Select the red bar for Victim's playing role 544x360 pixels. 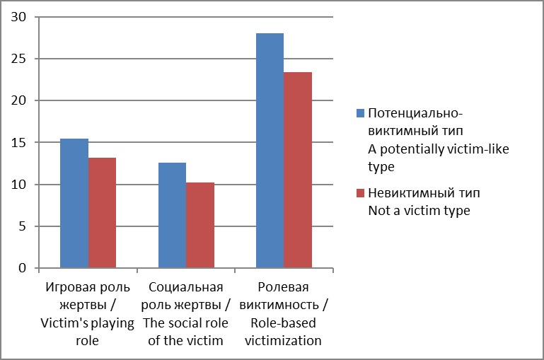coord(102,213)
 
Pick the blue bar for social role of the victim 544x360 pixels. coord(172,216)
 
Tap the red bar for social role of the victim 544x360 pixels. coord(199,225)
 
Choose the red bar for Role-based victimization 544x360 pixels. coord(297,170)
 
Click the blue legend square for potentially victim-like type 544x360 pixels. coord(360,113)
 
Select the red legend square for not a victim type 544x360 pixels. coord(360,193)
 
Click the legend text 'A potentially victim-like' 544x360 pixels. coord(439,149)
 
